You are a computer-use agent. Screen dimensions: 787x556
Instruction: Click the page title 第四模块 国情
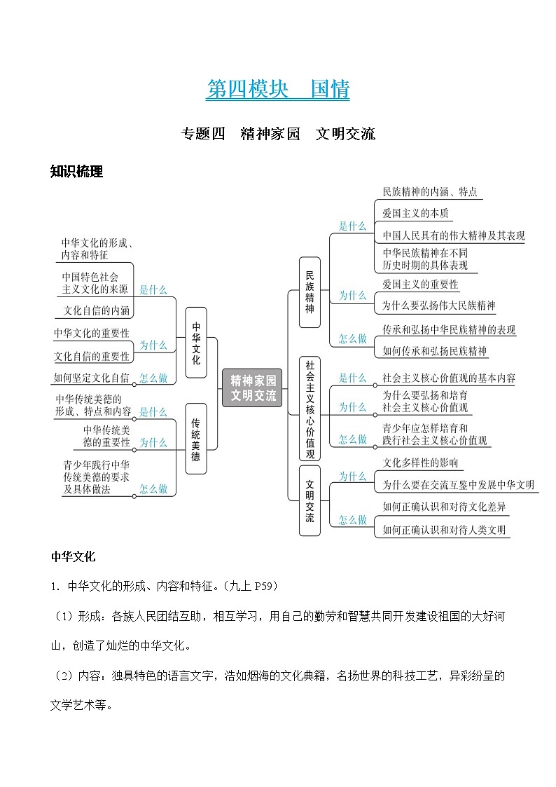[278, 90]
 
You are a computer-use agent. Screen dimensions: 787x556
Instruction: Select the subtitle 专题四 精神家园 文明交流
[278, 133]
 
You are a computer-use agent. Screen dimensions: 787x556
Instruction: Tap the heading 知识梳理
[77, 172]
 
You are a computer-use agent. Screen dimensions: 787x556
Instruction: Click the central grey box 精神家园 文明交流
[253, 388]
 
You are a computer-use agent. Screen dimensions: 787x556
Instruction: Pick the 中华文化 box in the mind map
[196, 343]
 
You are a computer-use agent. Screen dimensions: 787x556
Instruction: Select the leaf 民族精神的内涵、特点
[430, 191]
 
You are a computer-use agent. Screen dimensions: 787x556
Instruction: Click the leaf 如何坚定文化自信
[91, 378]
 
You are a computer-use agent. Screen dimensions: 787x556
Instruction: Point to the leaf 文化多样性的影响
[420, 463]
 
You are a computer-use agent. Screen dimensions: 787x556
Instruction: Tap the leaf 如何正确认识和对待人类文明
[444, 530]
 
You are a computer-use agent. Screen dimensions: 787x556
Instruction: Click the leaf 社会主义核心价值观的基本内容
[449, 378]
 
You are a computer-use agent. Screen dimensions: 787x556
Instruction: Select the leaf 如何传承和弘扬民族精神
[435, 351]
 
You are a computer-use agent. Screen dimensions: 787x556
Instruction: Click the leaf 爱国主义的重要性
[420, 285]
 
